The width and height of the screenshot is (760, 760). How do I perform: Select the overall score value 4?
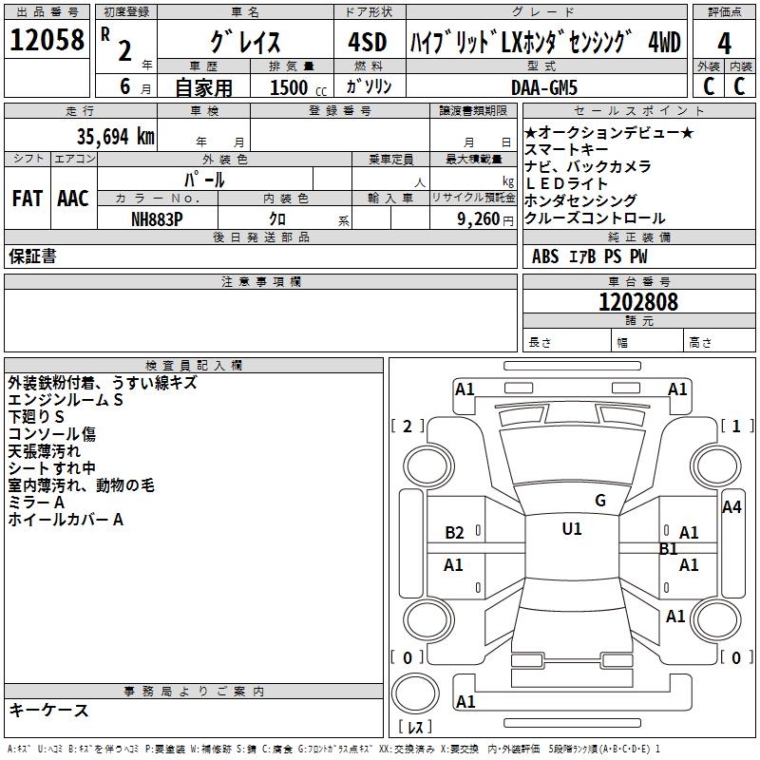pyautogui.click(x=724, y=44)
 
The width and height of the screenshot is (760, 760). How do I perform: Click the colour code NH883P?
pyautogui.click(x=158, y=218)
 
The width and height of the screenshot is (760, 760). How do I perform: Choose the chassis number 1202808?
pyautogui.click(x=638, y=302)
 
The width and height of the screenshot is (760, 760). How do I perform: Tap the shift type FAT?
pyautogui.click(x=27, y=199)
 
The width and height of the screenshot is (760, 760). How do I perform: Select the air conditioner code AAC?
pyautogui.click(x=73, y=199)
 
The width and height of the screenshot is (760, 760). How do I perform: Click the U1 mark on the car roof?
pyautogui.click(x=572, y=529)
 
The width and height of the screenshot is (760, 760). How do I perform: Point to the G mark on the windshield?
pyautogui.click(x=600, y=501)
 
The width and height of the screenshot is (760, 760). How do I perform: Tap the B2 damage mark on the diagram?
pyautogui.click(x=455, y=533)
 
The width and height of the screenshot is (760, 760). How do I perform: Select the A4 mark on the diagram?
pyautogui.click(x=731, y=507)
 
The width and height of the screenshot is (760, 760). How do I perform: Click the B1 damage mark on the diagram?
pyautogui.click(x=669, y=548)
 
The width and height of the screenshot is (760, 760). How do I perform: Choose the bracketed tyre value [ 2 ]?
pyautogui.click(x=408, y=426)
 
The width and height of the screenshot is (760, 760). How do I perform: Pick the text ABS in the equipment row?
pyautogui.click(x=545, y=256)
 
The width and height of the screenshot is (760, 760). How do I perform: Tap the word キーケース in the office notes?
pyautogui.click(x=48, y=710)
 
